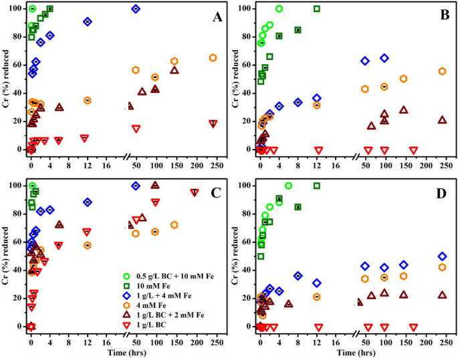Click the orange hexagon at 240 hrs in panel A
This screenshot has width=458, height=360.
(x=213, y=58)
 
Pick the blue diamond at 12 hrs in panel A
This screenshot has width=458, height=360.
(x=88, y=21)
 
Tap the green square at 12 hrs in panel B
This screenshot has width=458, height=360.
(x=316, y=9)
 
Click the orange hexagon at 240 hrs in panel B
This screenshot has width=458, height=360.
(x=442, y=71)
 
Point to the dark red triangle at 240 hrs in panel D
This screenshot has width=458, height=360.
(x=442, y=295)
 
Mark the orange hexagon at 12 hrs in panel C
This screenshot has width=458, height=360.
(x=88, y=245)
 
